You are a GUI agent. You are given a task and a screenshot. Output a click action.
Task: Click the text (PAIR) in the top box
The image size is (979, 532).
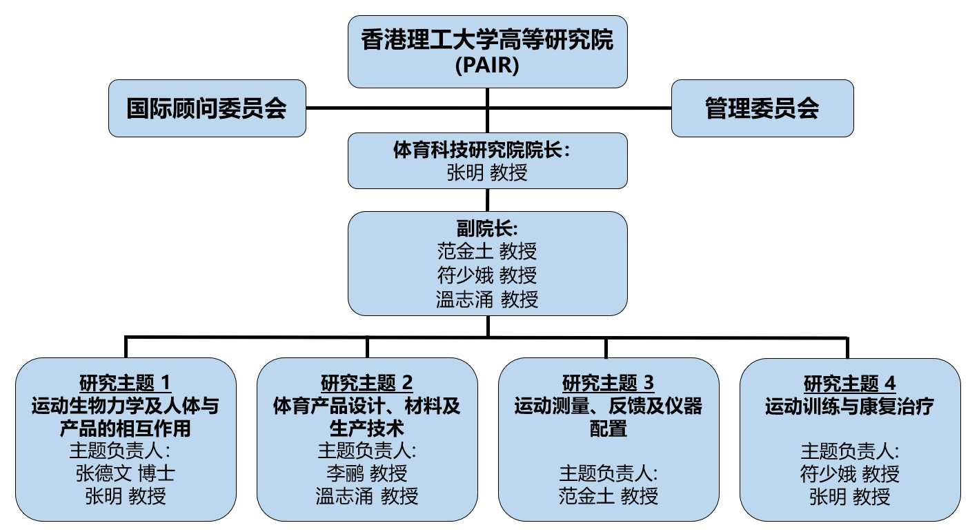click(487, 66)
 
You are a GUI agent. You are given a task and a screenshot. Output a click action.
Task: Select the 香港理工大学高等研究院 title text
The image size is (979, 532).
click(487, 41)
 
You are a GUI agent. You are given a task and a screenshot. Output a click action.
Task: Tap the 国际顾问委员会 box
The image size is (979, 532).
click(207, 108)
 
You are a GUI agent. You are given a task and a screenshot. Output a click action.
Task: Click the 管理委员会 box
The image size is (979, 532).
click(762, 108)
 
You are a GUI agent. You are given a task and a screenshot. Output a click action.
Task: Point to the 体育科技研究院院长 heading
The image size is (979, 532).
click(487, 150)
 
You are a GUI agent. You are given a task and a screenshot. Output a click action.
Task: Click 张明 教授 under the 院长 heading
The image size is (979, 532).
click(487, 173)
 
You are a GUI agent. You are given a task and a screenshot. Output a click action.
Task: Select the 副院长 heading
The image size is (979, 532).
click(487, 228)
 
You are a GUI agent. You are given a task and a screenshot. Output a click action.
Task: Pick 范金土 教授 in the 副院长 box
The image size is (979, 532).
click(487, 251)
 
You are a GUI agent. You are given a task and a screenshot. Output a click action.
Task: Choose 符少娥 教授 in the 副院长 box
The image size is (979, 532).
click(487, 275)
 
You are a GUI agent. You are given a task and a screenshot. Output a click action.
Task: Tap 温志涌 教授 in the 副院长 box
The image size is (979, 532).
click(487, 299)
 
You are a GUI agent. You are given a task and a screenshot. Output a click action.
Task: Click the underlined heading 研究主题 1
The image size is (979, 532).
click(125, 382)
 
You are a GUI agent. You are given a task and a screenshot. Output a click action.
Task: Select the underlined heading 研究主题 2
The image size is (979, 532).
click(366, 382)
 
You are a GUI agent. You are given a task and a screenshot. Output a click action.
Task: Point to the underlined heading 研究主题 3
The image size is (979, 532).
click(608, 382)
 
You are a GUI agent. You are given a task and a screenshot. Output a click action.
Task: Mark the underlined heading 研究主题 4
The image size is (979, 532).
click(849, 382)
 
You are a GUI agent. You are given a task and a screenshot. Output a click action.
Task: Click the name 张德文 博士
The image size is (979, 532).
click(125, 473)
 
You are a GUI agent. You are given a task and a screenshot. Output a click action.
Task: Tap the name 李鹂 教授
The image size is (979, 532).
click(366, 473)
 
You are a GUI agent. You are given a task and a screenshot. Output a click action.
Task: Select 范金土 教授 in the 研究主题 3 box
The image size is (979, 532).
click(608, 495)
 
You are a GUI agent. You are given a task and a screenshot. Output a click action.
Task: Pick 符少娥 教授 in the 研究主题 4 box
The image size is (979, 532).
click(849, 474)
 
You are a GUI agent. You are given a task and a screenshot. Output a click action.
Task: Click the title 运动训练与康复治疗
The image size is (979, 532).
click(849, 407)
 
